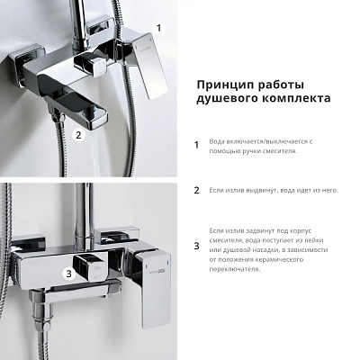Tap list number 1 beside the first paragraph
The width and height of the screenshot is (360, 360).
(x=196, y=144)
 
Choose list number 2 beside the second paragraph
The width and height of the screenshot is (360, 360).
(x=196, y=191)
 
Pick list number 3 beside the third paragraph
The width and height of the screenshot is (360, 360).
(x=196, y=246)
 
